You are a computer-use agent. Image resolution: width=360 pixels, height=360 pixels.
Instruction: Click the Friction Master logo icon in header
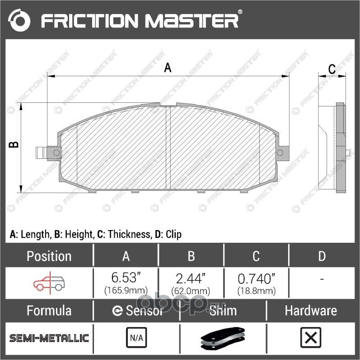[x=19, y=20]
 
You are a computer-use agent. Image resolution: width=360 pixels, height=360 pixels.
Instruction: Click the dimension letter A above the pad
[x=168, y=68]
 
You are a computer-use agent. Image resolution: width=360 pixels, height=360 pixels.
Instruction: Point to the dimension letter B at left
[x=14, y=145]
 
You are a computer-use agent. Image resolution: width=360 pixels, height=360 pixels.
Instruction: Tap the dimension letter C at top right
[x=331, y=69]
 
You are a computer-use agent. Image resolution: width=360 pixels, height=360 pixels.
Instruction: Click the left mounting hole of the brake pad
[x=56, y=153]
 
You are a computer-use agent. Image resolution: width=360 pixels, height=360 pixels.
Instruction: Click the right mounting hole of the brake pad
[x=281, y=152]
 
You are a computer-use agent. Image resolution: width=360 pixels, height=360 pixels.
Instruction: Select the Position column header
[x=49, y=256]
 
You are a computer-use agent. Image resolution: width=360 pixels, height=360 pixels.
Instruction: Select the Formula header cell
[x=49, y=310]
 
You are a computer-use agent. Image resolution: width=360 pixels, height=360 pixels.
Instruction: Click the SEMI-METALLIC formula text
[x=49, y=338]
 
